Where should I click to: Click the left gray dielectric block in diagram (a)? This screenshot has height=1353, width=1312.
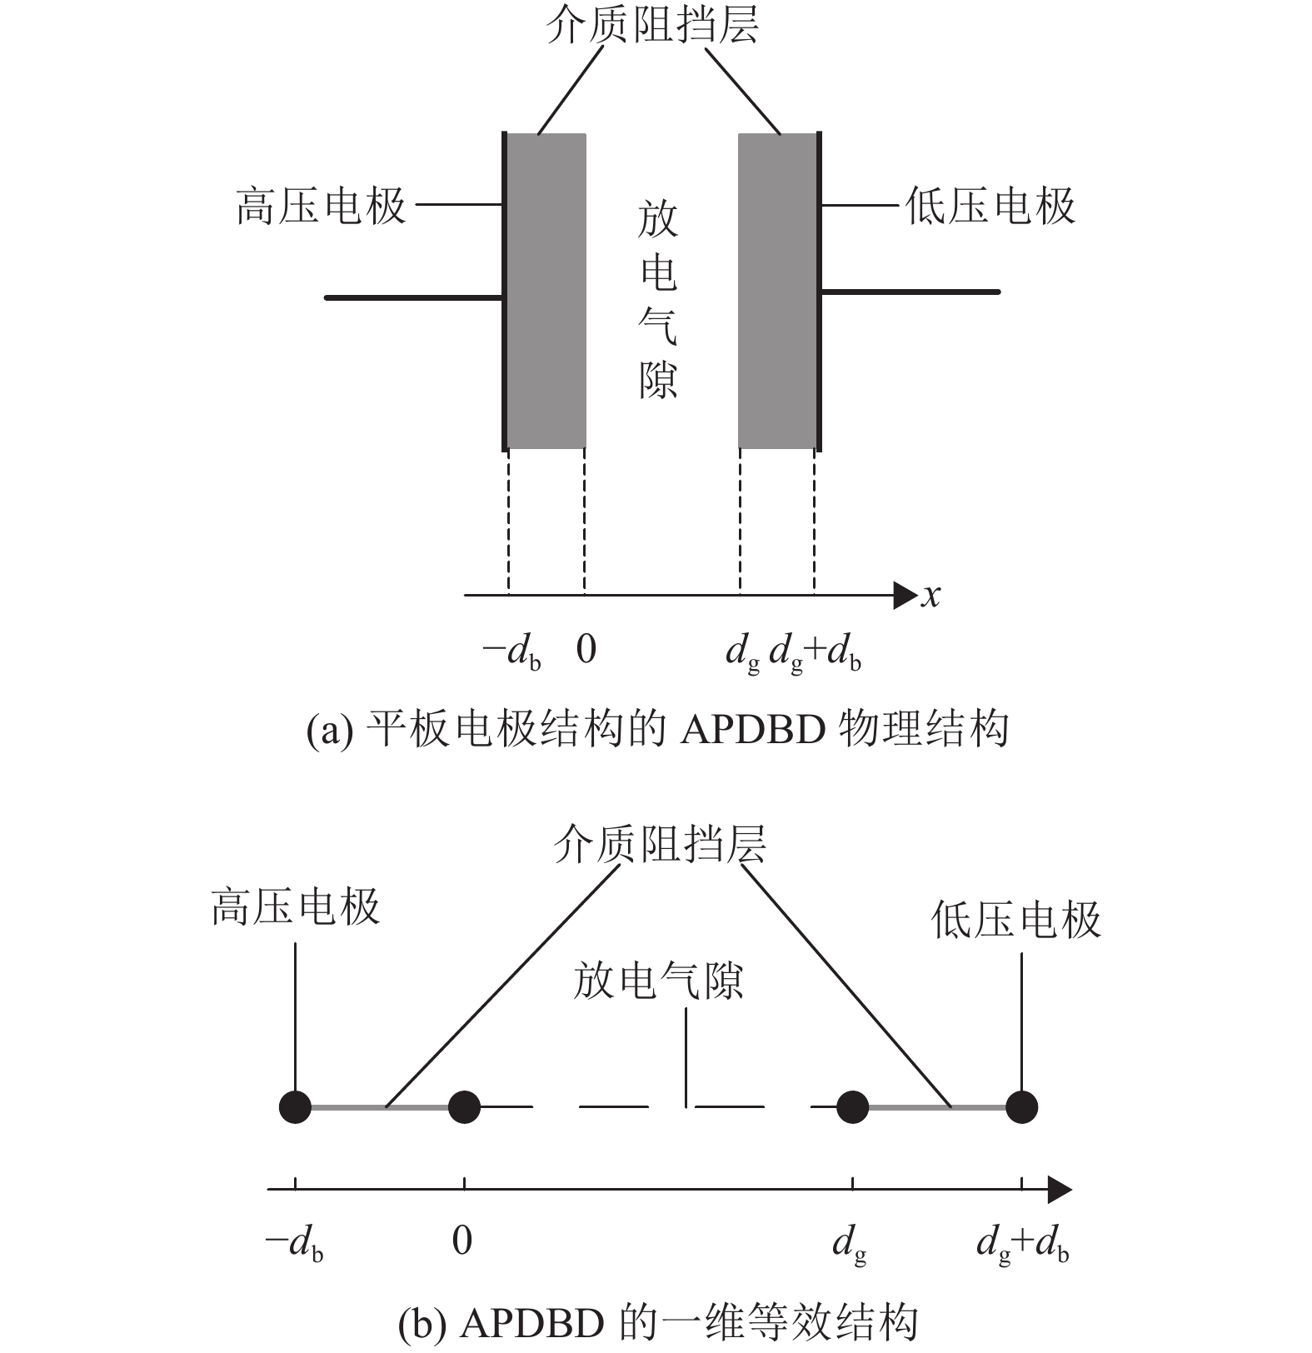tap(546, 292)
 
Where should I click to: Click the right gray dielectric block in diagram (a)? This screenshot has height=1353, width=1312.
tap(777, 292)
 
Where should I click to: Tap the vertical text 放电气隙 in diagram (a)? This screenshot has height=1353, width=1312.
tap(658, 300)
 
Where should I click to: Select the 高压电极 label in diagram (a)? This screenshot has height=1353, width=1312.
tap(322, 206)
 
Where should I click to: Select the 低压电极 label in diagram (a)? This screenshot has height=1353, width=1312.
tap(990, 206)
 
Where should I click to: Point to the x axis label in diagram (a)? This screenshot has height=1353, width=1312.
tap(930, 596)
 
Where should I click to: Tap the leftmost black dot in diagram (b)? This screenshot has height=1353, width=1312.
tap(296, 1107)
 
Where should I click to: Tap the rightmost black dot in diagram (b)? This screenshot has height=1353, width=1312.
tap(1021, 1107)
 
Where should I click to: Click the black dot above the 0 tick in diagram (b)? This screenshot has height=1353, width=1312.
tap(464, 1107)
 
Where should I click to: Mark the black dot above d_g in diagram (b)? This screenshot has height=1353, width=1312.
tap(852, 1107)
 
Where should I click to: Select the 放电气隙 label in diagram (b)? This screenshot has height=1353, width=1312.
tap(657, 981)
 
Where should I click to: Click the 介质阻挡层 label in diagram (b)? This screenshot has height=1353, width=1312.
tap(660, 844)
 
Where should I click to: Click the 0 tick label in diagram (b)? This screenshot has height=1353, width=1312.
tap(462, 1241)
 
